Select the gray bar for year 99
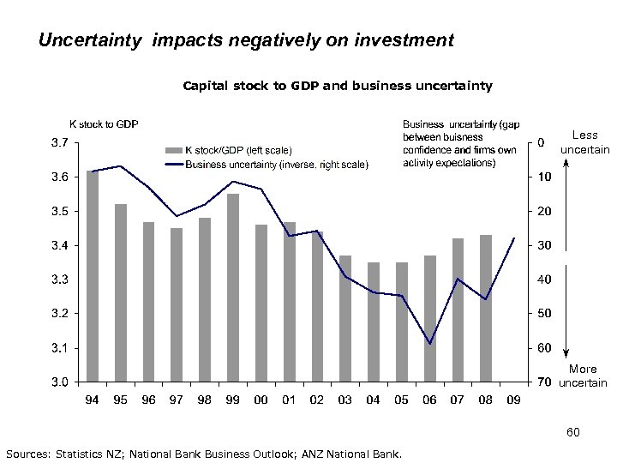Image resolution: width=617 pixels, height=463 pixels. point(233,287)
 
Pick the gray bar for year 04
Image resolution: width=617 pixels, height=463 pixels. point(374,322)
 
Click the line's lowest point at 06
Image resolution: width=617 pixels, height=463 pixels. point(429,344)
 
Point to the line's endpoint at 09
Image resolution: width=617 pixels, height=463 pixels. point(513,238)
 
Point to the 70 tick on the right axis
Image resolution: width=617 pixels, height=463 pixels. point(543,382)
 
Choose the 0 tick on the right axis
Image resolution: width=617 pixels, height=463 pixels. point(541,143)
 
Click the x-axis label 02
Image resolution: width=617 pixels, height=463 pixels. point(317,400)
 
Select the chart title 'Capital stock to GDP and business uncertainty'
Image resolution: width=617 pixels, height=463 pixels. point(338,86)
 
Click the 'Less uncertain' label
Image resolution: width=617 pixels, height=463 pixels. point(584,142)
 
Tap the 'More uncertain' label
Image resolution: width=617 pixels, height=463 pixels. point(583,376)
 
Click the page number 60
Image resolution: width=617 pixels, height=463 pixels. point(574,433)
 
